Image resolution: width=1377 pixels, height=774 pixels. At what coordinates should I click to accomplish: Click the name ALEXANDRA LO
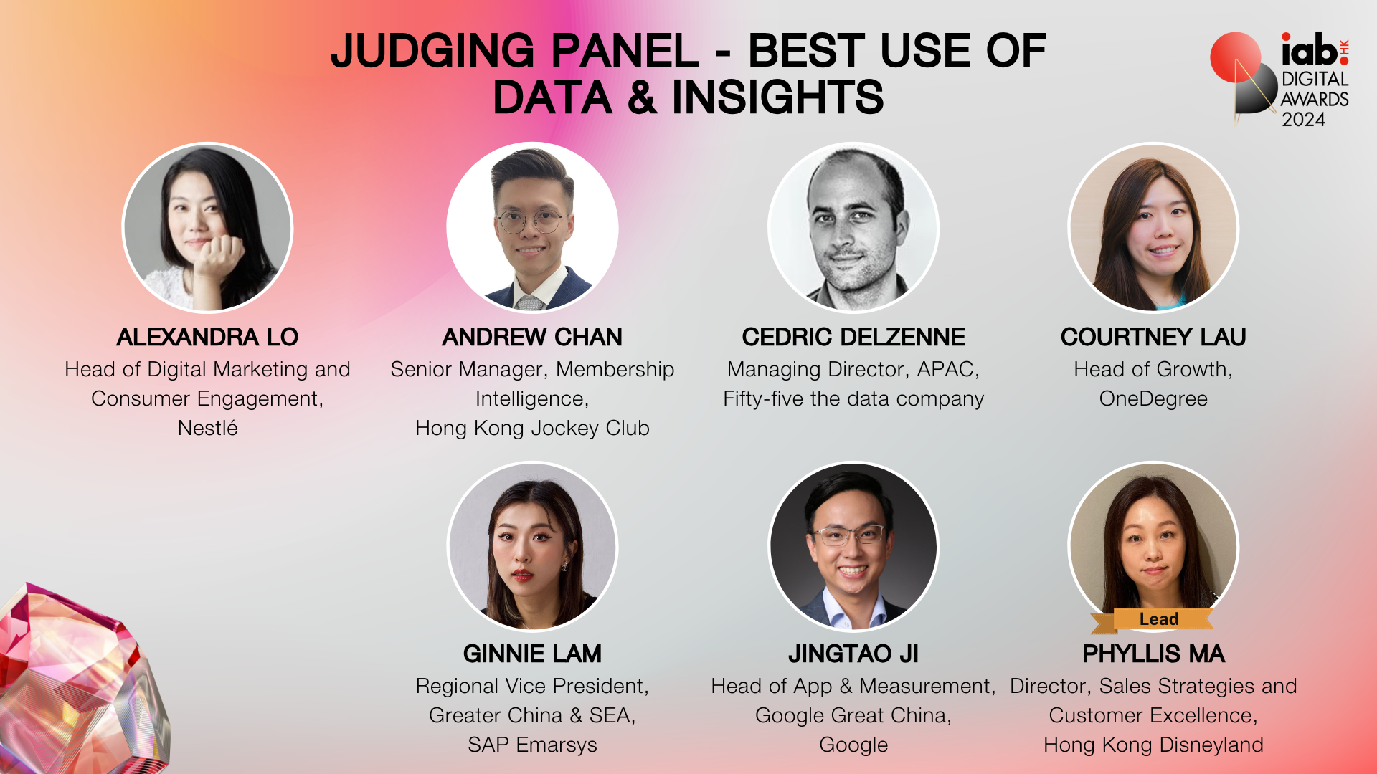click(x=207, y=337)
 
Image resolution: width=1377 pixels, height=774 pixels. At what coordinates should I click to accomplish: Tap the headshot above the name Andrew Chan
click(x=532, y=227)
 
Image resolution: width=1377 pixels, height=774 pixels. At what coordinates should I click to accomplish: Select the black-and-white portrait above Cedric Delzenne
click(x=853, y=227)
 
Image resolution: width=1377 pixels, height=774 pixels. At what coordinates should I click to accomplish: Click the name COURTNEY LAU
click(x=1153, y=337)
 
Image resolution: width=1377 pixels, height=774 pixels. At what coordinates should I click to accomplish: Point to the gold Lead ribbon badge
click(x=1152, y=620)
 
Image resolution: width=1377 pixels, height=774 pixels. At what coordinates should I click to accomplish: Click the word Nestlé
click(x=207, y=428)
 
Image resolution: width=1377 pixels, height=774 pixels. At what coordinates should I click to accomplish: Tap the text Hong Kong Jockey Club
click(x=532, y=429)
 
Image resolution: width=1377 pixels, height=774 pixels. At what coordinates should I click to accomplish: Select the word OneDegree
click(x=1153, y=398)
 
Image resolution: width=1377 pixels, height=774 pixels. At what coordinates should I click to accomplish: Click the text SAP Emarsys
click(x=532, y=745)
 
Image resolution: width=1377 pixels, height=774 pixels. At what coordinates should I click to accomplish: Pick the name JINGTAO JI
click(x=853, y=654)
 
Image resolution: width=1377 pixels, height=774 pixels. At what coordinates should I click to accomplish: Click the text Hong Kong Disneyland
click(x=1153, y=745)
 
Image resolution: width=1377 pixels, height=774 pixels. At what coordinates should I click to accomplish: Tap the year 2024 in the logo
click(x=1303, y=120)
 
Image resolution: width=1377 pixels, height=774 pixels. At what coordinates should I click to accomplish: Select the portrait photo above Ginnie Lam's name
click(x=532, y=547)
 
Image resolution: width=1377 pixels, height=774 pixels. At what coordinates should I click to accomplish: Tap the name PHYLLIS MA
click(x=1153, y=654)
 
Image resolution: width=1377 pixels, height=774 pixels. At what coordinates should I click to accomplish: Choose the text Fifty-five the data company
click(x=853, y=398)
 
